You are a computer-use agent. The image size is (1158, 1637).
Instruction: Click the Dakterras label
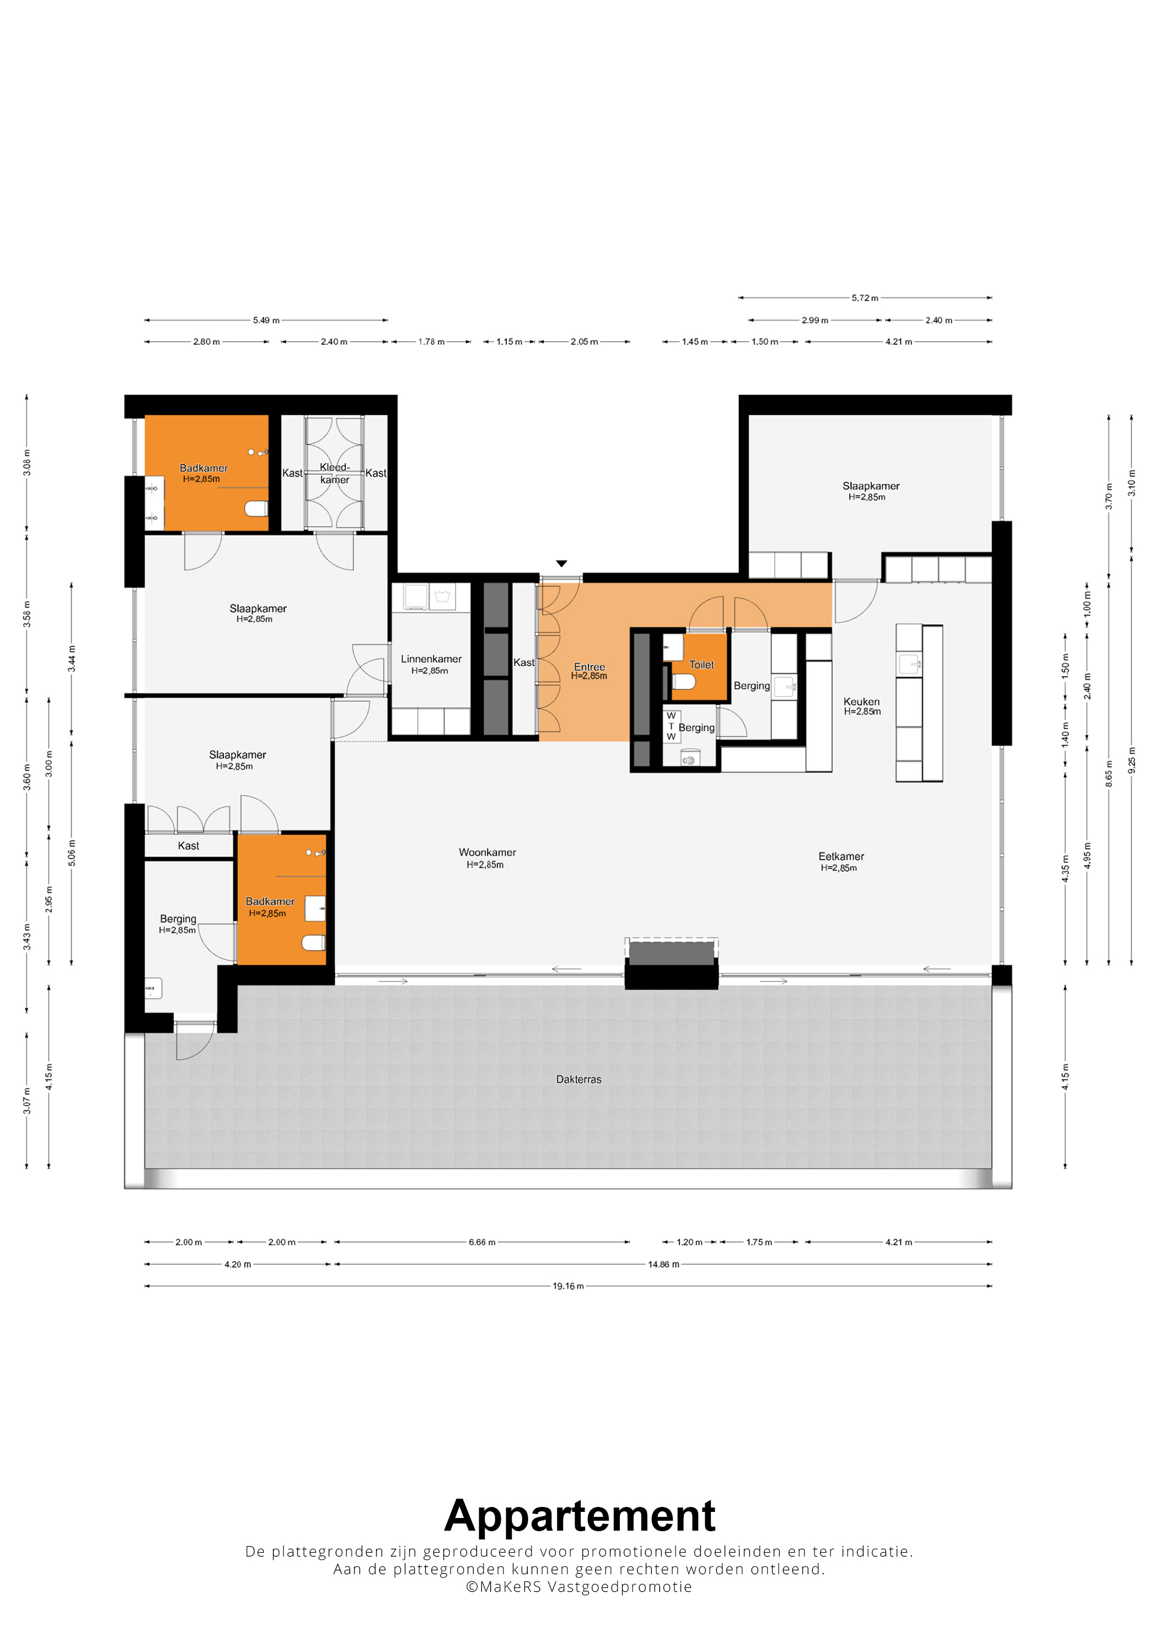578,1079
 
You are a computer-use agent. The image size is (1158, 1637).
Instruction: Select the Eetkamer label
841,856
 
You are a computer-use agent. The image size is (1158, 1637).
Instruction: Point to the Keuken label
862,701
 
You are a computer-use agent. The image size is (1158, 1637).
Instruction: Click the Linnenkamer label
431,659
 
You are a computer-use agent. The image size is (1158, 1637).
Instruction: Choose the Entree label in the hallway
589,667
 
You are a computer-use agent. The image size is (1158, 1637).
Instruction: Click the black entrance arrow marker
561,563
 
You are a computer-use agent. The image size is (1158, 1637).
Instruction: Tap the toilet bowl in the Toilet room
684,682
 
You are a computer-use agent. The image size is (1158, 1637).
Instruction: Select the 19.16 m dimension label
568,1286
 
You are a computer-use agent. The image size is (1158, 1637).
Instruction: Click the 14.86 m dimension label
663,1264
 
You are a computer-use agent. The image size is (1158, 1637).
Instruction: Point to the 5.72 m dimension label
865,298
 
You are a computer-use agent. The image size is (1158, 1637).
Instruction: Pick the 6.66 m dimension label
481,1242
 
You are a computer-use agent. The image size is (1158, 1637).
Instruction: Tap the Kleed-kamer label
335,473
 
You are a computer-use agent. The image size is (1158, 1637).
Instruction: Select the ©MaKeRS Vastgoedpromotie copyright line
578,1587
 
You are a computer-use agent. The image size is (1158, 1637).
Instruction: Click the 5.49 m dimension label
266,320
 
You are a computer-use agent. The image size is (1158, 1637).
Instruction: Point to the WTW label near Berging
671,726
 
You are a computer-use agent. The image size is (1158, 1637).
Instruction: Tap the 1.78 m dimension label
431,342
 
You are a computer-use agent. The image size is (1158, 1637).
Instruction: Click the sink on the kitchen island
909,664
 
